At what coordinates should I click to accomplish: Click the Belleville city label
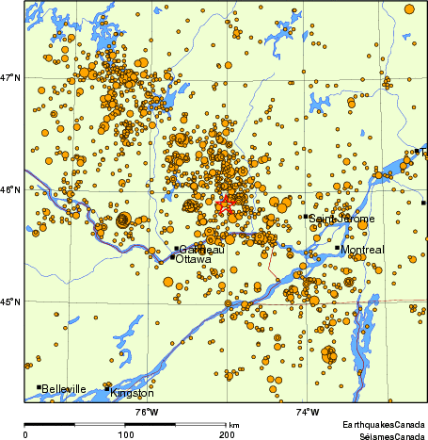(x=64, y=389)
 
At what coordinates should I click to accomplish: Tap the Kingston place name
(x=133, y=393)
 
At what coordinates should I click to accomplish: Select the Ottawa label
(x=194, y=258)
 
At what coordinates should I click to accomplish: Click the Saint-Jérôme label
(x=342, y=219)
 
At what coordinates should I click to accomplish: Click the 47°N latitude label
(x=10, y=77)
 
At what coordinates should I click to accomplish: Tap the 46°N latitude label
(x=10, y=189)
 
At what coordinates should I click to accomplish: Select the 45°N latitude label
(x=10, y=301)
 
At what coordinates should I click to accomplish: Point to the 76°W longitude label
(x=146, y=412)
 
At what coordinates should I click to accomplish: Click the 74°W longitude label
(x=308, y=412)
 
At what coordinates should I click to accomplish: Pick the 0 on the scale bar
(x=24, y=434)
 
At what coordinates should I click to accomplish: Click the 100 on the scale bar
(x=125, y=434)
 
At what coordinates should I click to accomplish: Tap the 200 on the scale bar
(x=227, y=434)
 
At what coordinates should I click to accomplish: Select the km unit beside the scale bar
(x=234, y=426)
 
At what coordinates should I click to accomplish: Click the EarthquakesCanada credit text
(x=382, y=425)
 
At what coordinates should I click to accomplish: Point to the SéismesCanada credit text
(x=386, y=435)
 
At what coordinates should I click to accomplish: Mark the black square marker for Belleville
(x=39, y=387)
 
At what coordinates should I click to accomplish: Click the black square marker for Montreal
(x=337, y=248)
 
